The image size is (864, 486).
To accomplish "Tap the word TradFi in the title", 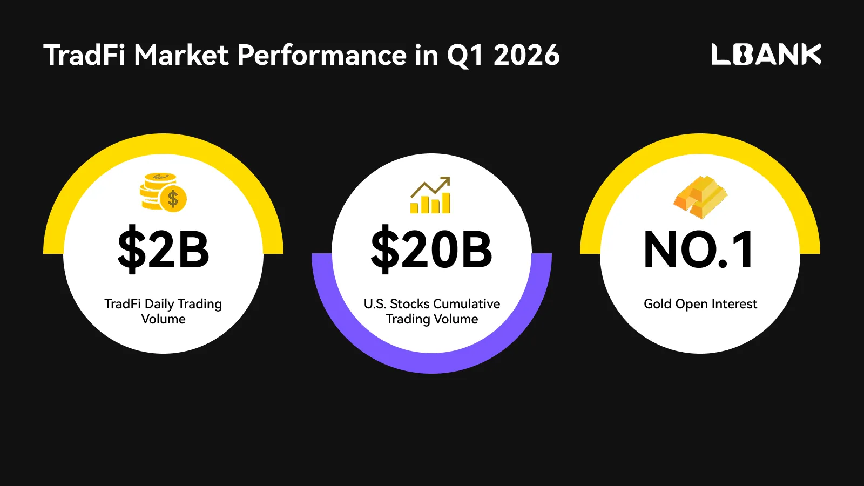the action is tap(84, 55).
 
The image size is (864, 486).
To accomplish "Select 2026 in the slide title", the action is tap(526, 55).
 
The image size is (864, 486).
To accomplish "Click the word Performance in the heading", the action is tap(322, 55).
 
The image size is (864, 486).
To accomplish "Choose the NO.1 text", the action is tap(698, 249).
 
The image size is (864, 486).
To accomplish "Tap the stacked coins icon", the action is tap(163, 192).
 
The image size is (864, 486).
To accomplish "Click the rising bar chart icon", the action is tap(430, 195).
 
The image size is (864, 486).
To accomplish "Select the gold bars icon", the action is tap(700, 197).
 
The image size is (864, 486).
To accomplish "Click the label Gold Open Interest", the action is tap(700, 304).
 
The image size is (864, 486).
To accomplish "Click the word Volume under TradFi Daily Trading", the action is tap(163, 319).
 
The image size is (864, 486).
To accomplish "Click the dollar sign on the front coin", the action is tap(173, 199).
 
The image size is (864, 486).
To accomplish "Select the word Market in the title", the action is tap(181, 55).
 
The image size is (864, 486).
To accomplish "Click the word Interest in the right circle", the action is tap(734, 304).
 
